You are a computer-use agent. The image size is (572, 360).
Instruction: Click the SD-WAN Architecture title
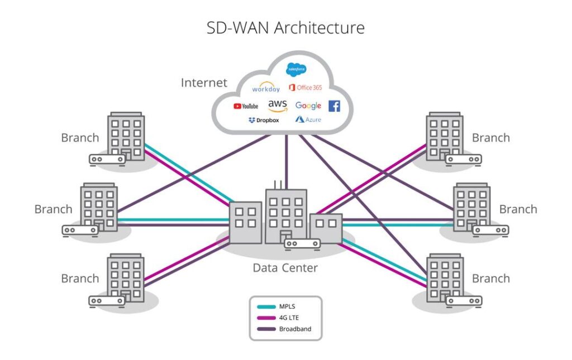pyautogui.click(x=285, y=27)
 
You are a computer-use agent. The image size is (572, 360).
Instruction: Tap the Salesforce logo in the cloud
pyautogui.click(x=296, y=69)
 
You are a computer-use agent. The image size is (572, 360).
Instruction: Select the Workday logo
pyautogui.click(x=266, y=88)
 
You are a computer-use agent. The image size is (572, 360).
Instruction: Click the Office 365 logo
pyautogui.click(x=306, y=87)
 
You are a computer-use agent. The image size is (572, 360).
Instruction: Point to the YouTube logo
pyautogui.click(x=246, y=106)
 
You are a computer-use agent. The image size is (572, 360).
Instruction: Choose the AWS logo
pyautogui.click(x=278, y=105)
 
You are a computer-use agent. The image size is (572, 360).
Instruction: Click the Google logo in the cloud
pyautogui.click(x=308, y=105)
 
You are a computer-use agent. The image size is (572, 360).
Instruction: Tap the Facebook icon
pyautogui.click(x=334, y=106)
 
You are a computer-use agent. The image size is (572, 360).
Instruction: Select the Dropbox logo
pyautogui.click(x=264, y=120)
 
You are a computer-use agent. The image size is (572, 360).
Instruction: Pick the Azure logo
pyautogui.click(x=308, y=119)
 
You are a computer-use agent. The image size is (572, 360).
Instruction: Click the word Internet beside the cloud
pyautogui.click(x=204, y=83)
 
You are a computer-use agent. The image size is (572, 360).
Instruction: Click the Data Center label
pyautogui.click(x=285, y=268)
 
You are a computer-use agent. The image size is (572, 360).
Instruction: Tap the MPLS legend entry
pyautogui.click(x=287, y=306)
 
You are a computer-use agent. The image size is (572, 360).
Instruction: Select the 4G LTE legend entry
pyautogui.click(x=289, y=318)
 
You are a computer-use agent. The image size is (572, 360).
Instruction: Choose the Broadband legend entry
pyautogui.click(x=295, y=329)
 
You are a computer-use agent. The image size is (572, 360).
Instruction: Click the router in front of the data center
pyautogui.click(x=302, y=243)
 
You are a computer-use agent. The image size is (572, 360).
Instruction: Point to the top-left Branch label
pyautogui.click(x=80, y=138)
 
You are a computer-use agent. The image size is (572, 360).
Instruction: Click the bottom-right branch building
pyautogui.click(x=445, y=276)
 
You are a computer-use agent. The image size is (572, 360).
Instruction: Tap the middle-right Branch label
pyautogui.click(x=518, y=209)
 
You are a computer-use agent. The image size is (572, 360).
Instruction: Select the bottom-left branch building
pyautogui.click(x=126, y=276)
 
